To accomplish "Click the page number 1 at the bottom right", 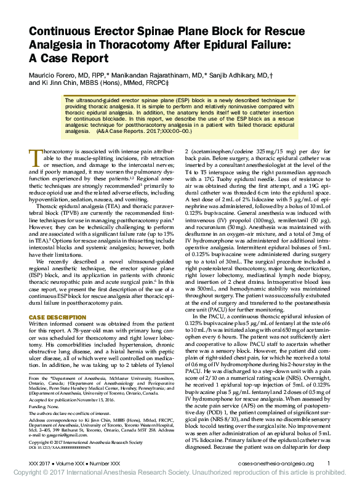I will tap(329, 463).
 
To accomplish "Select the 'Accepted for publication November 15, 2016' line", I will tap(79, 400).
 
